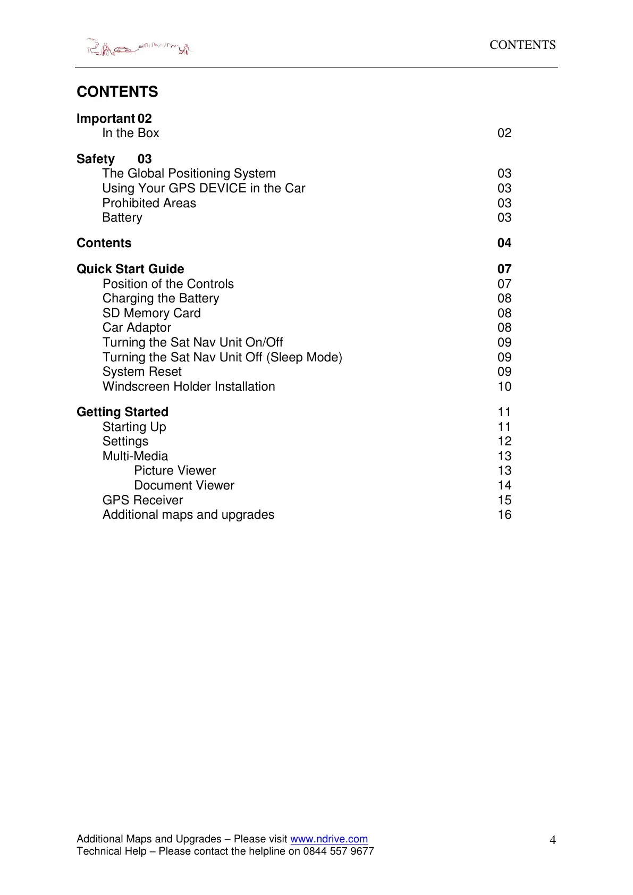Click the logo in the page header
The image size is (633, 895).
[139, 48]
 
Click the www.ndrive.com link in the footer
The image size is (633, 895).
[329, 839]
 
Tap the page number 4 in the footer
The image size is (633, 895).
[553, 840]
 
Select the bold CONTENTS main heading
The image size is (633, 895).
[117, 92]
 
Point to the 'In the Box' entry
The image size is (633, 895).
[131, 133]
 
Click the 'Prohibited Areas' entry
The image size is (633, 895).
[149, 203]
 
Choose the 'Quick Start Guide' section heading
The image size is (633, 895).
[130, 269]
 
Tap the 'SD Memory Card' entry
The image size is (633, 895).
[151, 313]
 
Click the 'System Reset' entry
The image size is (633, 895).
[142, 371]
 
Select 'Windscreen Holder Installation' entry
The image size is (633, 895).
[189, 386]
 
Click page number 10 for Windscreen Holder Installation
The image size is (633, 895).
[504, 386]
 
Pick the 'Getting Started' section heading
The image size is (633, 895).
[122, 412]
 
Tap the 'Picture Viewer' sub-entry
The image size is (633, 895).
[175, 470]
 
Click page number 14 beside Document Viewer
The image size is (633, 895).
[504, 485]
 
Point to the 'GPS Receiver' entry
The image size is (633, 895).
[142, 500]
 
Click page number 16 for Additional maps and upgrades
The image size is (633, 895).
[504, 514]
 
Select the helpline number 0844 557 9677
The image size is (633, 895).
[339, 851]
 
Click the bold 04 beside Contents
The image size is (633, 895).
[504, 243]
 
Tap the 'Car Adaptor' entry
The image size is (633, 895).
[137, 327]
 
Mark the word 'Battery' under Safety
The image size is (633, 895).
[122, 217]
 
